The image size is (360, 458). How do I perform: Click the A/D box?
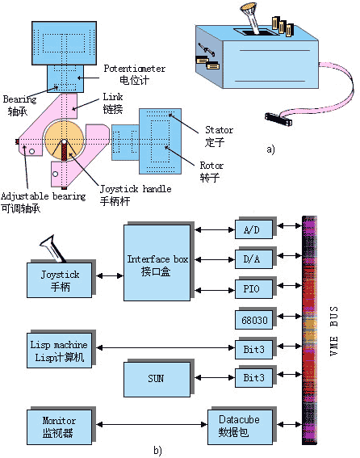pos(253,229)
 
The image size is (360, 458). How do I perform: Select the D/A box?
pos(253,259)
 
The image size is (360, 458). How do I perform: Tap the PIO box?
pos(253,289)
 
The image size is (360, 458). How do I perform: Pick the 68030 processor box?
pos(253,320)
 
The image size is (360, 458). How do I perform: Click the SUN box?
pos(157,380)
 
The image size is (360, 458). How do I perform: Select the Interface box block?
pos(157,263)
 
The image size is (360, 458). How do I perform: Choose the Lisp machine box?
pos(59,351)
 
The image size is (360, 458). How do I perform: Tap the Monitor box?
pos(59,427)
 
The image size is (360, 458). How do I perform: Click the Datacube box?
pos(240,427)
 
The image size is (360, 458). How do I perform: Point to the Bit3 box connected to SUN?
pos(253,378)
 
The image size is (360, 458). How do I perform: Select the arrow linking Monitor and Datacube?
pos(152,424)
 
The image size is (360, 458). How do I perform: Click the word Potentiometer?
pos(135,69)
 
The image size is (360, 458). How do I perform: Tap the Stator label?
pos(219,130)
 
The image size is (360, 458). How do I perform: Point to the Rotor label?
pos(211,166)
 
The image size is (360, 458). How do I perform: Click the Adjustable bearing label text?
pos(44,196)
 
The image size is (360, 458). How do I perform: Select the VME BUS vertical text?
pos(334,330)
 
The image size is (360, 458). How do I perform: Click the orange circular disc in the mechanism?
pos(65,140)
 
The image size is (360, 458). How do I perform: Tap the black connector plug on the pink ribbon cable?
pos(278,119)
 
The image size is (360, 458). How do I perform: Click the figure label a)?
pos(270,149)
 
